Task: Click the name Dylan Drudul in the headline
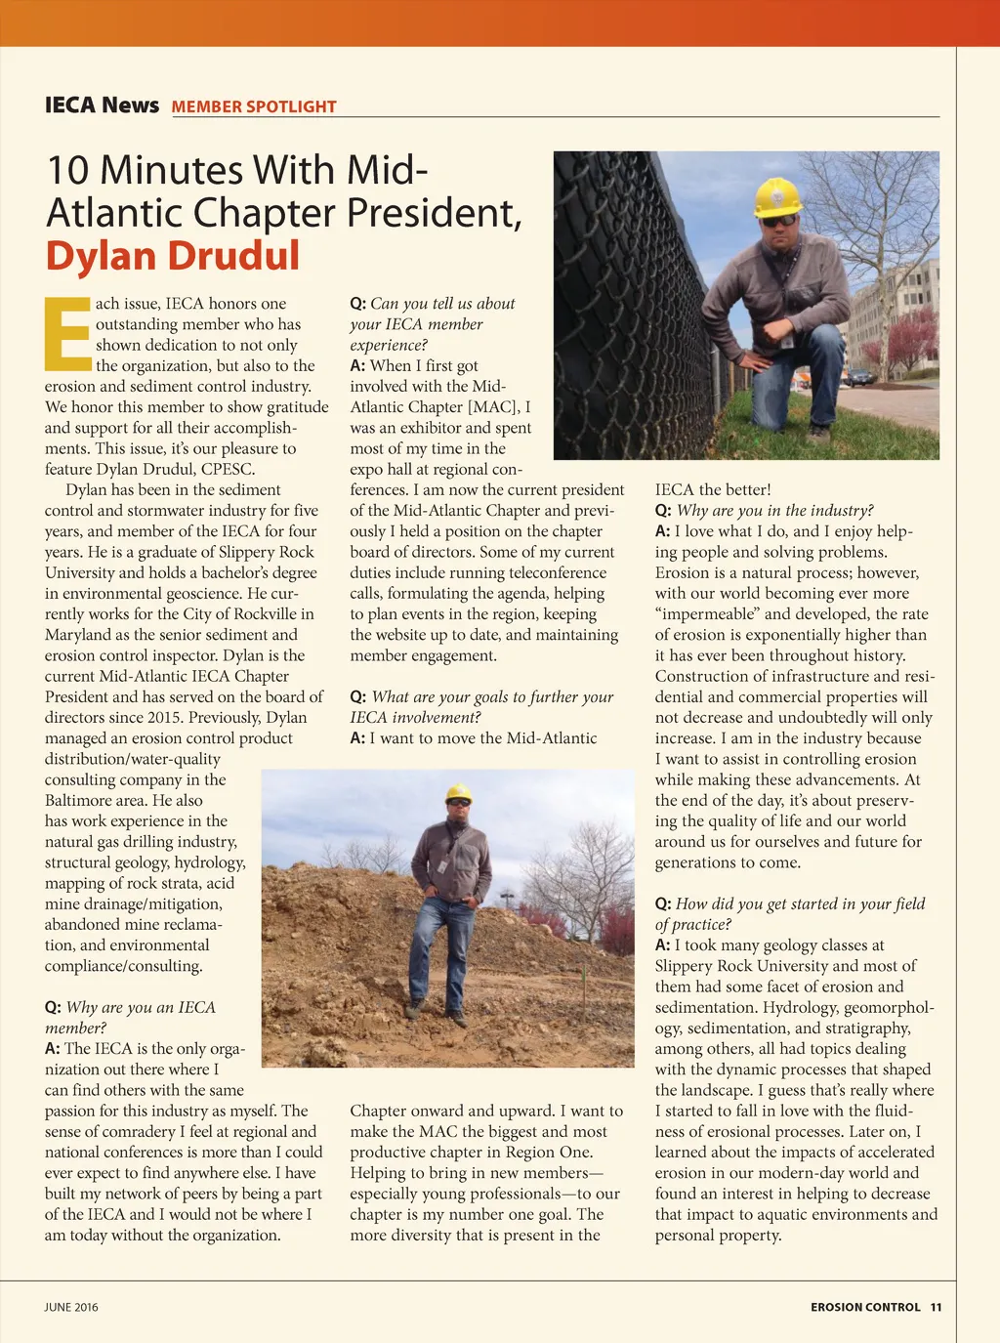point(173,256)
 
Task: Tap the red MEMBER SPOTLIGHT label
point(254,107)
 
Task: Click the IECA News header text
point(102,105)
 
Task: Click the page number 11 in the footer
point(936,1307)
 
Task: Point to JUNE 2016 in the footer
point(71,1307)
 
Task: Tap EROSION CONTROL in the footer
point(865,1307)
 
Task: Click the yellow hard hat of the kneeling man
point(777,195)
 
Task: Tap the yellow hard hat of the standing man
point(458,792)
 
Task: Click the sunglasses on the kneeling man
point(778,221)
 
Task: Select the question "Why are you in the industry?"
point(774,511)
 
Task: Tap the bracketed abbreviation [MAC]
point(493,407)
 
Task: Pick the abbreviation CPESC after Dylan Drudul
point(228,469)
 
